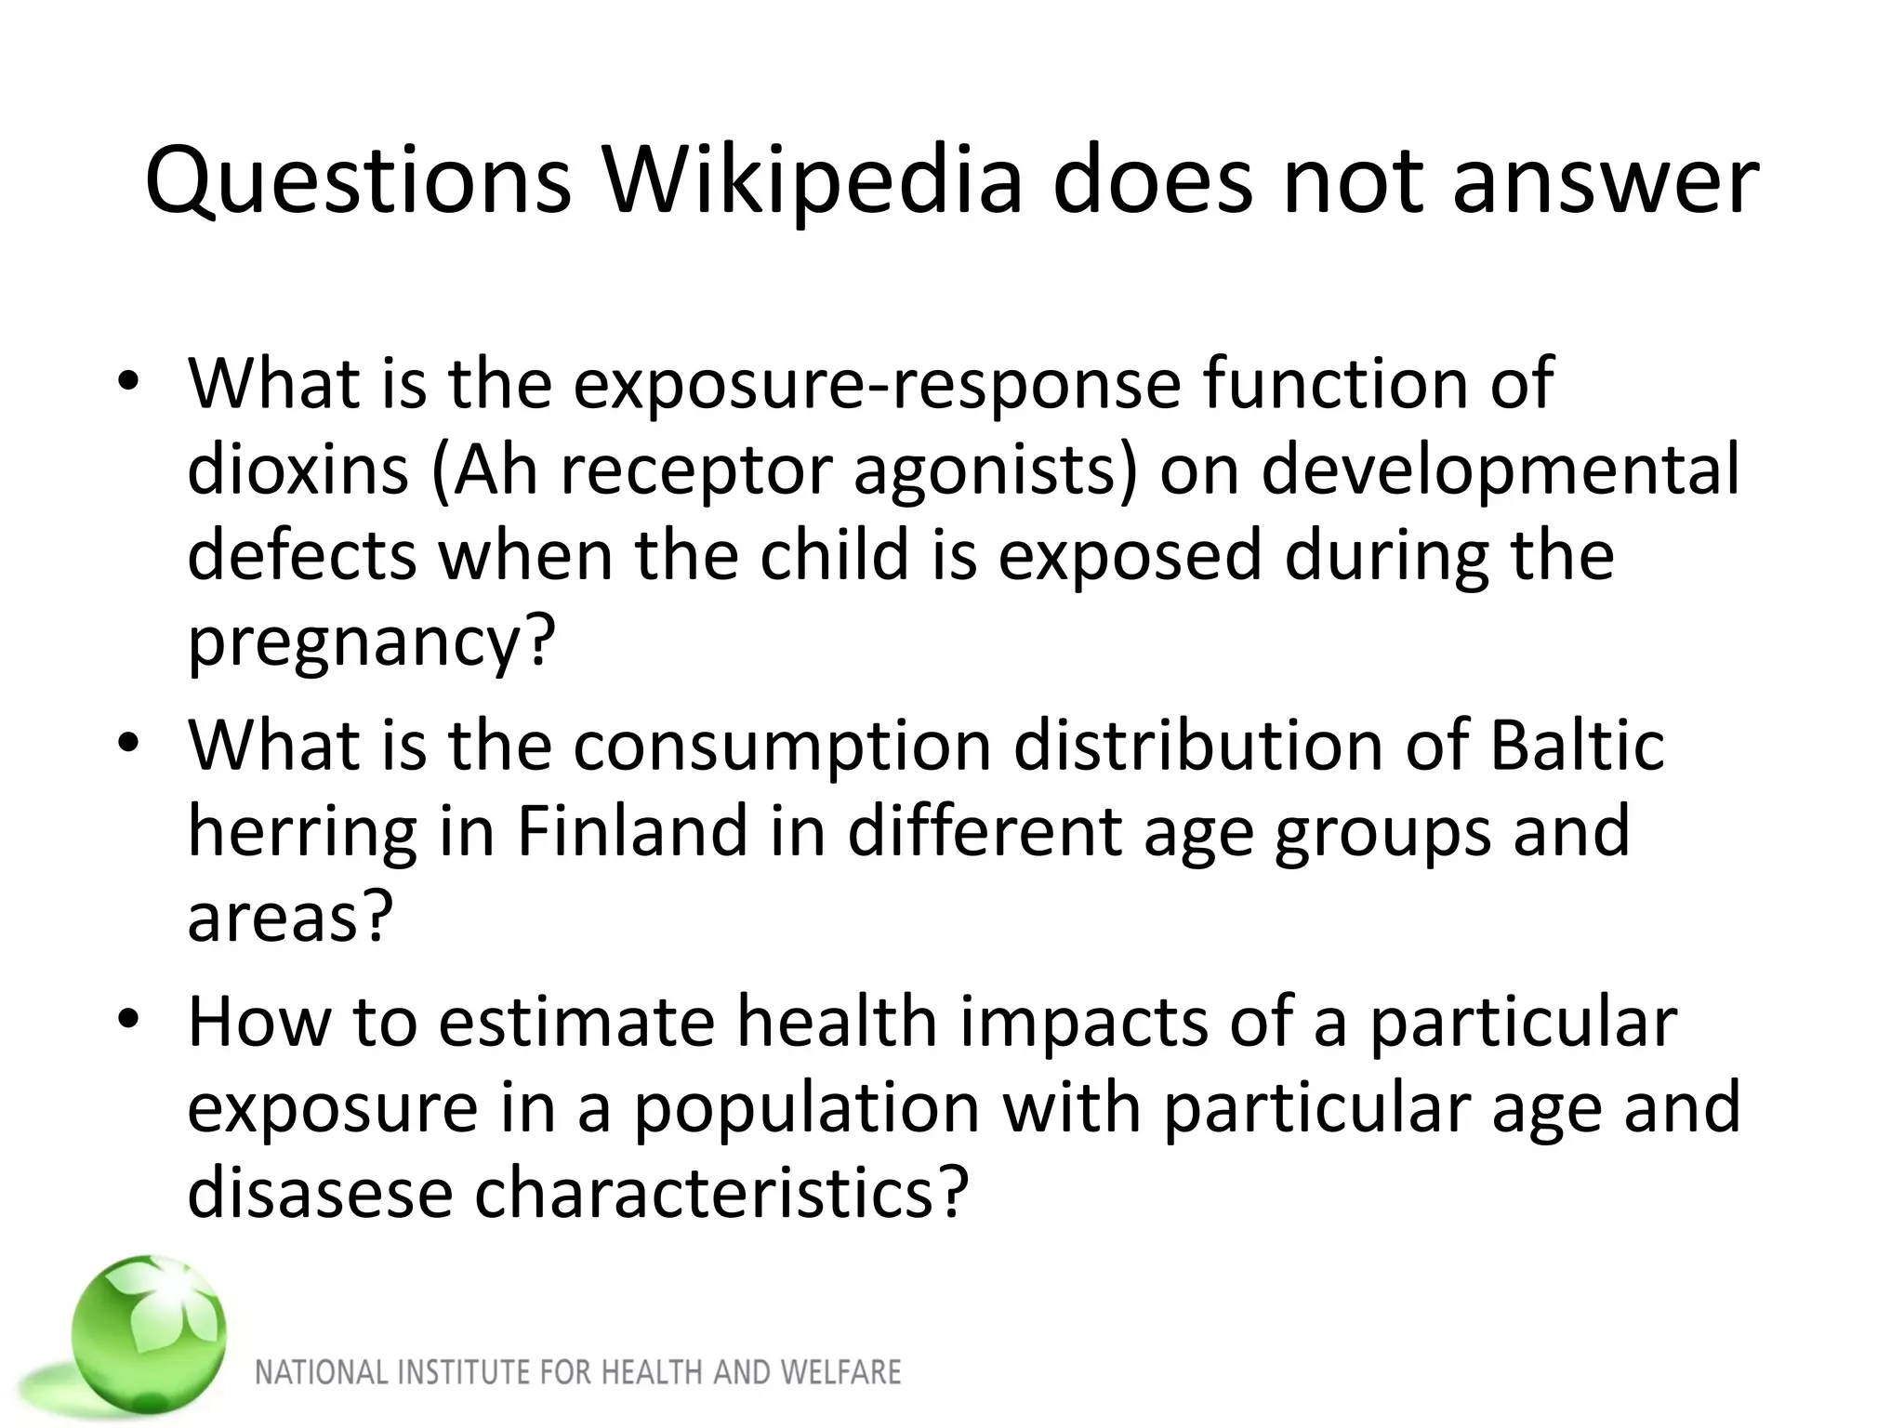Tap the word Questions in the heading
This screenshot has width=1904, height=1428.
point(358,181)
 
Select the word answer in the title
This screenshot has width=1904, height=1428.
point(1606,181)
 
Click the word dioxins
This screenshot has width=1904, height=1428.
point(297,469)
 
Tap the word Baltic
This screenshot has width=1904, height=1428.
point(1578,745)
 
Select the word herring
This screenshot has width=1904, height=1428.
point(302,832)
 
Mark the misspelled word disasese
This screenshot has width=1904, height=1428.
point(320,1194)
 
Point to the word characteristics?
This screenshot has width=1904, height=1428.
point(721,1194)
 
